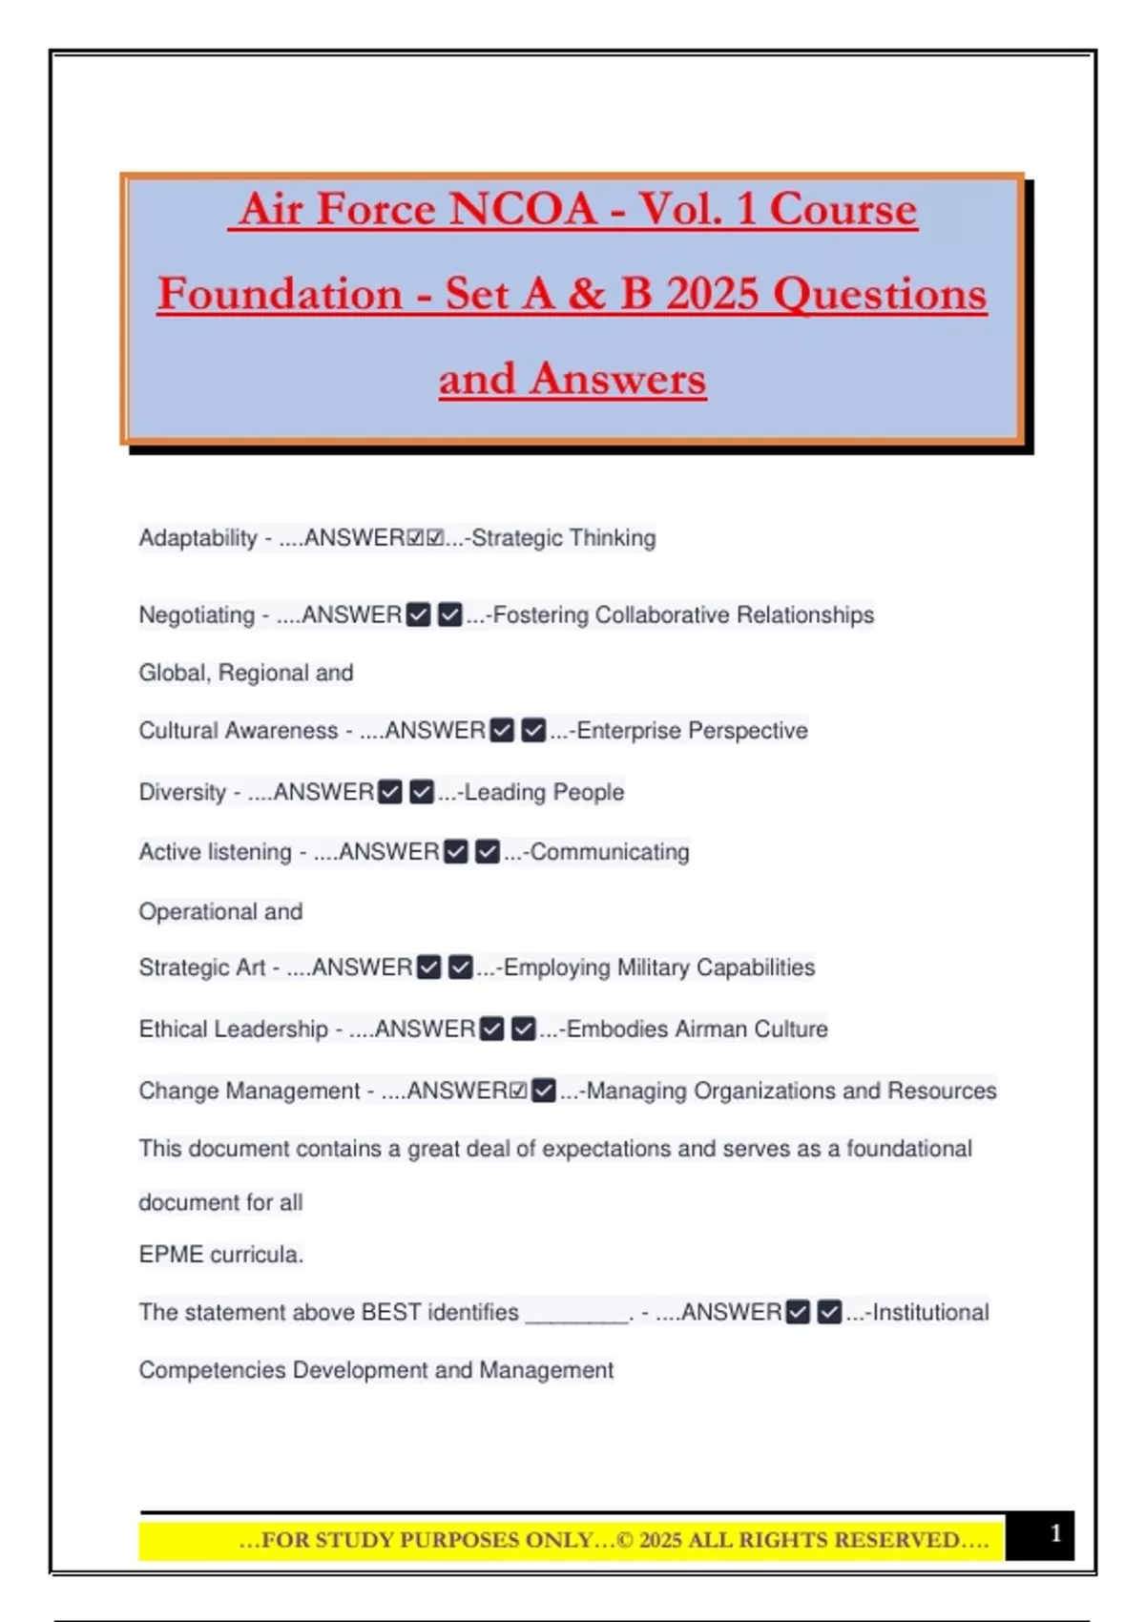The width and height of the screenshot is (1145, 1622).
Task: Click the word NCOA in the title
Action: [x=523, y=209]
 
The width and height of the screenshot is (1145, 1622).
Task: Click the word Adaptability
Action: [x=198, y=538]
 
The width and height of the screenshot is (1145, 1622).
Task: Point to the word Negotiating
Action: [x=197, y=615]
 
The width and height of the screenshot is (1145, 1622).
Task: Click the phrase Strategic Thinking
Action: [x=564, y=538]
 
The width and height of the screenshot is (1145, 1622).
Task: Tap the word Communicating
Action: [x=610, y=852]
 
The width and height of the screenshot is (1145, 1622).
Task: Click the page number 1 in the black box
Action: [x=1055, y=1533]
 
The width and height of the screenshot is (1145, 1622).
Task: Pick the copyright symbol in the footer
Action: [x=626, y=1540]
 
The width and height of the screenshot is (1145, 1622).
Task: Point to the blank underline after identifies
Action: [x=577, y=1317]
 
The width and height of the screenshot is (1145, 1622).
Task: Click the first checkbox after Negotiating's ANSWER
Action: [x=418, y=615]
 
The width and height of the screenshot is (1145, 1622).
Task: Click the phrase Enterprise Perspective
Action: [x=692, y=731]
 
